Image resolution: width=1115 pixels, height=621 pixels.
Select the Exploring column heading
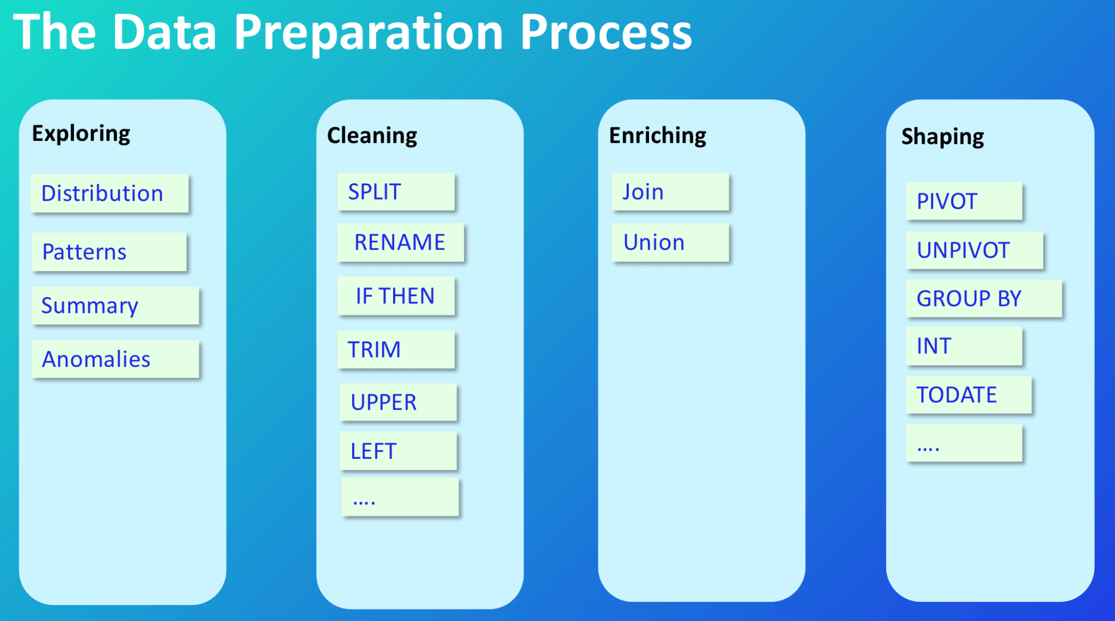[x=81, y=134]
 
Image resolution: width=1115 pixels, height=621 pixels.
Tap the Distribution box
[x=109, y=193]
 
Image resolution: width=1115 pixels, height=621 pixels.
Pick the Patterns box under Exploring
[x=109, y=252]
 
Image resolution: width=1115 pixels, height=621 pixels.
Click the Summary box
[x=115, y=306]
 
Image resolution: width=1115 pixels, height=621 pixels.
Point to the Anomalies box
[x=115, y=359]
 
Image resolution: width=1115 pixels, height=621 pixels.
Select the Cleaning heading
[x=372, y=136]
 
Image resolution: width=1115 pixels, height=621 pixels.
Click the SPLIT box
[x=396, y=192]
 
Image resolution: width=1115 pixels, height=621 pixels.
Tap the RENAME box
[x=400, y=243]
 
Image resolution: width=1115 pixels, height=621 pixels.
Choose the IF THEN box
[x=396, y=296]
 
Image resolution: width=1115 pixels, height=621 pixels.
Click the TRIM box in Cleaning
[x=396, y=349]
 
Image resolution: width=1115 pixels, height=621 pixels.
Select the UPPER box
[x=398, y=402]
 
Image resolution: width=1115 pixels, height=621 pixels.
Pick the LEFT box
[x=398, y=451]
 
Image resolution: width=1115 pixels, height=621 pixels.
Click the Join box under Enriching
[x=670, y=192]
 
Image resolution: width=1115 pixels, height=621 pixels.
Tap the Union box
[x=670, y=243]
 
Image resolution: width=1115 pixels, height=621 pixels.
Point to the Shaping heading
[x=942, y=137]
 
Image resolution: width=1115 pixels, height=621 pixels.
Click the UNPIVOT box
[x=974, y=250]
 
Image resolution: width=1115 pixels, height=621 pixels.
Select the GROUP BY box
[x=983, y=298]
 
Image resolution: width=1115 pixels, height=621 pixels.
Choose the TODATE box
[x=969, y=395]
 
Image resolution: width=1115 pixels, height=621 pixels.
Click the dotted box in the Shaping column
[x=964, y=444]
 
